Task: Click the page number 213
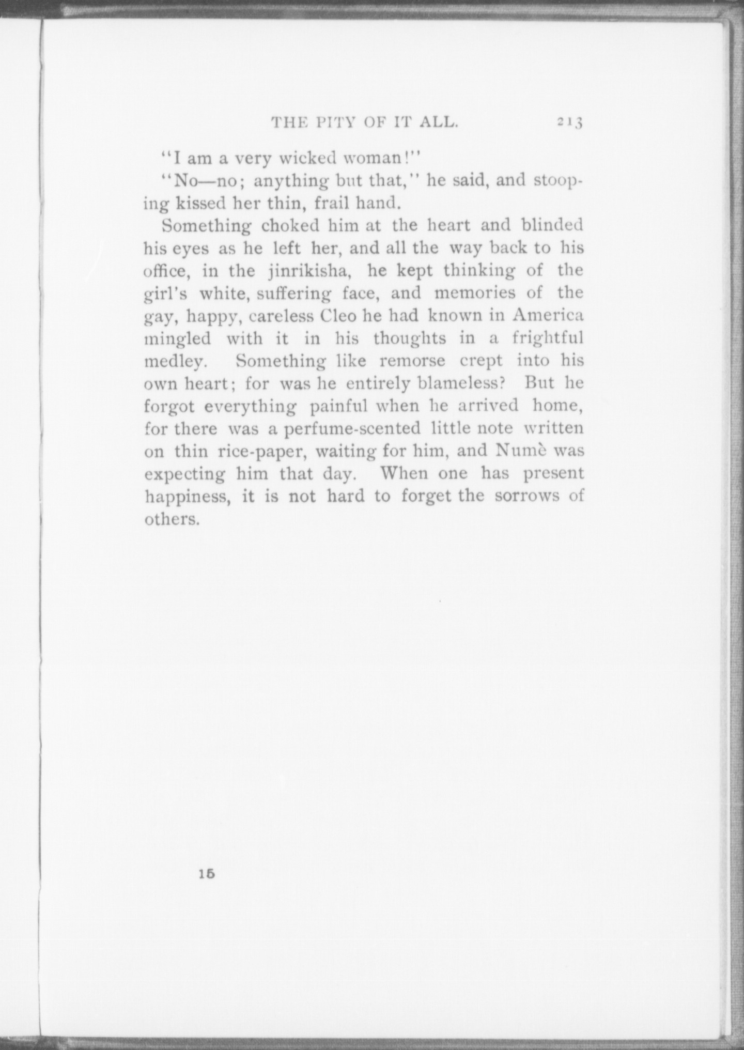coord(570,123)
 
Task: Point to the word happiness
coord(188,497)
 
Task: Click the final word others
coord(172,519)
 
